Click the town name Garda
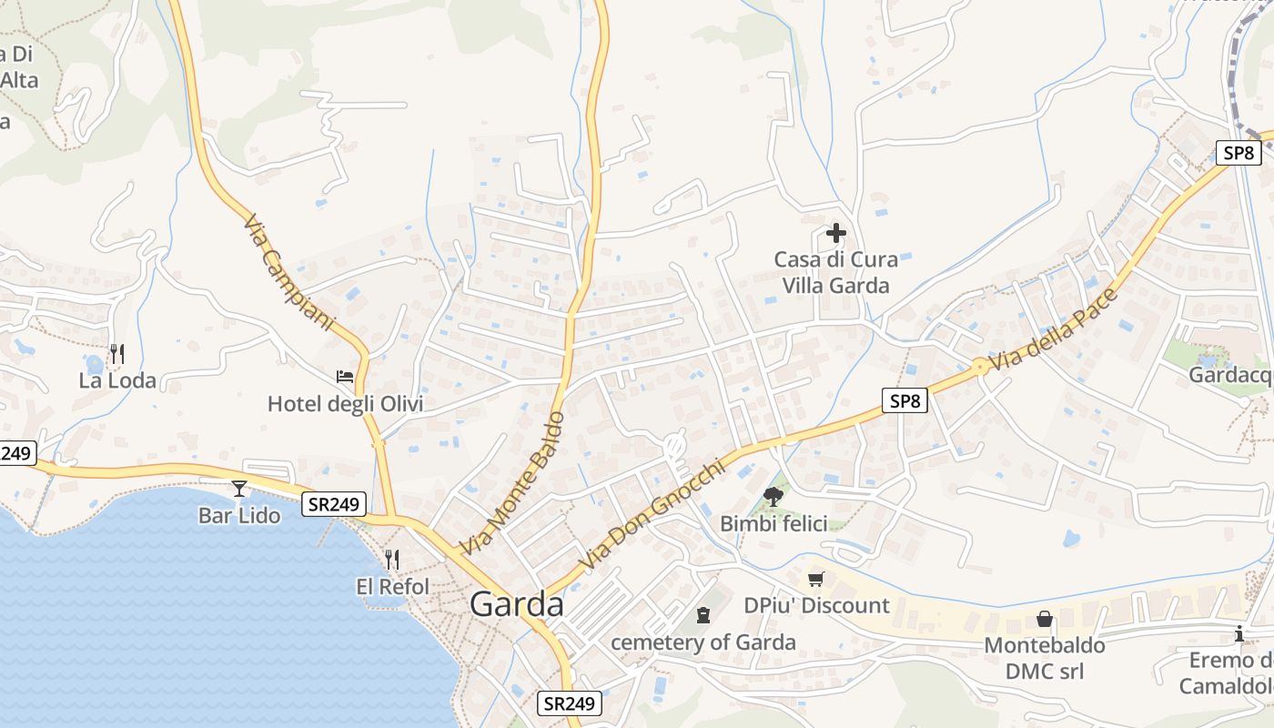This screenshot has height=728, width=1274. (517, 604)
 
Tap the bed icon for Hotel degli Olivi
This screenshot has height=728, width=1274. (345, 376)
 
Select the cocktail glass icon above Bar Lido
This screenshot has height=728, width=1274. (238, 489)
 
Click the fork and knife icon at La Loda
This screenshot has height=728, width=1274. (116, 353)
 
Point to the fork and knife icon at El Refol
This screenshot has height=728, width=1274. (392, 559)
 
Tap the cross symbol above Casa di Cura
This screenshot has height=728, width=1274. (835, 233)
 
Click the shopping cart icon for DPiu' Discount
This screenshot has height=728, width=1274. (816, 579)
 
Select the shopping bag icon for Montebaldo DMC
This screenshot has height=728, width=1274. (1044, 619)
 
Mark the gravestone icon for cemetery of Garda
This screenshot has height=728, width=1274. (703, 616)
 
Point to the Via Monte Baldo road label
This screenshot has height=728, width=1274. (512, 483)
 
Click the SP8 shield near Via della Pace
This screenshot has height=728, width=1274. (904, 400)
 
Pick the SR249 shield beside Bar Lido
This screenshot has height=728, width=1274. (335, 504)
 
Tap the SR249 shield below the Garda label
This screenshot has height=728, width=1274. (570, 703)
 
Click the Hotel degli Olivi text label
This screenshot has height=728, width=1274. (345, 403)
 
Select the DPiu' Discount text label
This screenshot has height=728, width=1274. (816, 605)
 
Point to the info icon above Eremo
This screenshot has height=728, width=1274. (1239, 633)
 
